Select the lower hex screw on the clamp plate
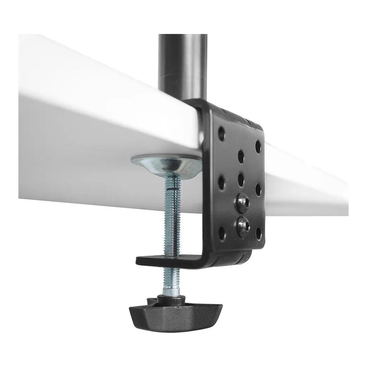click(x=242, y=225)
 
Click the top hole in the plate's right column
click(x=258, y=147)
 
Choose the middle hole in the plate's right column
click(x=258, y=189)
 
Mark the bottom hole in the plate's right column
click(x=258, y=234)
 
